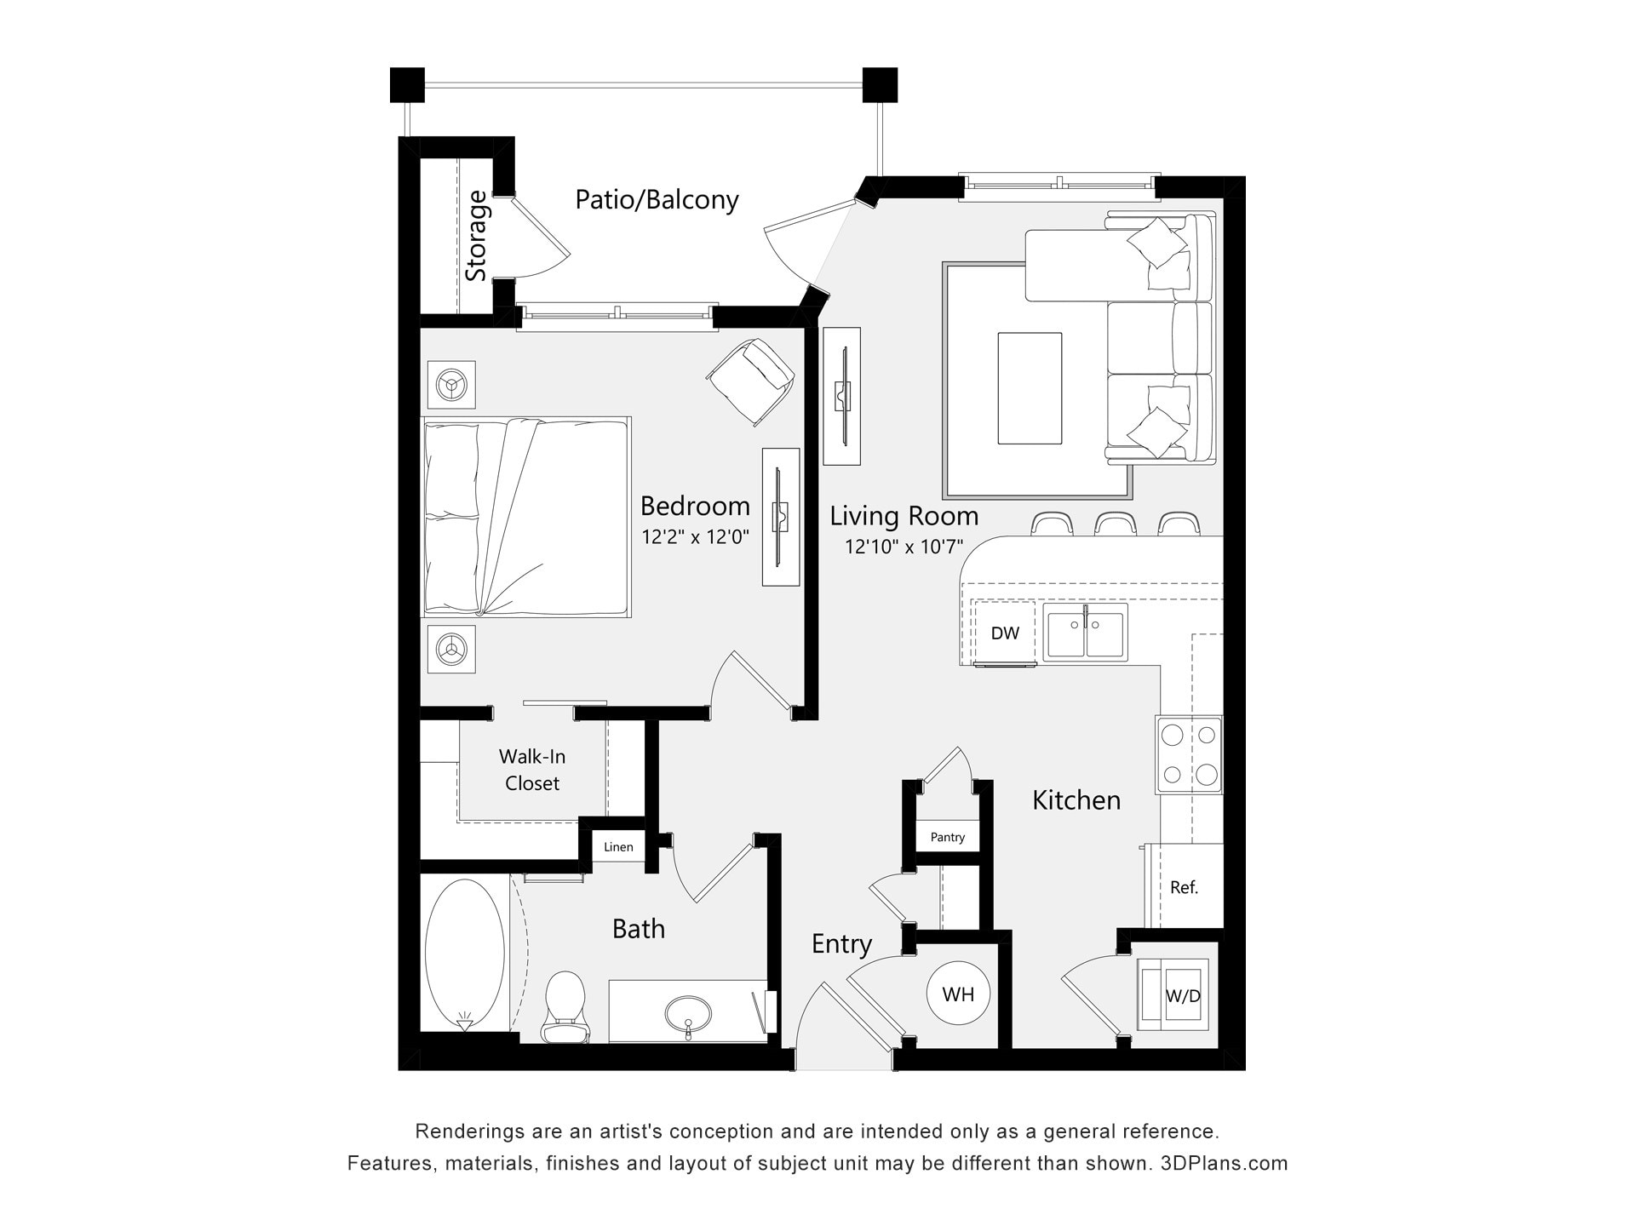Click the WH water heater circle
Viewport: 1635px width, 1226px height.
[x=958, y=994]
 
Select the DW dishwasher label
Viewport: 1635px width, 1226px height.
[x=1005, y=633]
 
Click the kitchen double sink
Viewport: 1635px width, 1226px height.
[x=1085, y=633]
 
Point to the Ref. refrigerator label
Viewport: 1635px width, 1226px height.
[x=1184, y=887]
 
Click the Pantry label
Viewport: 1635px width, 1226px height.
[x=947, y=837]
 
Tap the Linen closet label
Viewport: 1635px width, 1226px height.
[x=618, y=847]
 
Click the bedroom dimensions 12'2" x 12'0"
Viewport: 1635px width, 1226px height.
[x=695, y=537]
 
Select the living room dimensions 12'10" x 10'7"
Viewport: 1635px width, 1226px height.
[x=904, y=547]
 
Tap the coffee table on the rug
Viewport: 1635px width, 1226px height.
[x=1030, y=388]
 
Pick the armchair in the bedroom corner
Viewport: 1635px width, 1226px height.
[x=750, y=380]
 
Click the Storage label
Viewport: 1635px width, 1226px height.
[x=477, y=236]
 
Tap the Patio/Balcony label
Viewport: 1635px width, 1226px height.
[x=657, y=199]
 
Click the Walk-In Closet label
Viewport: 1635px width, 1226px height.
[x=532, y=770]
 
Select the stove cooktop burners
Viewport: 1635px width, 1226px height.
[x=1189, y=754]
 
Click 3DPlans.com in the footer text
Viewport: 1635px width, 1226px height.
[x=1224, y=1163]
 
